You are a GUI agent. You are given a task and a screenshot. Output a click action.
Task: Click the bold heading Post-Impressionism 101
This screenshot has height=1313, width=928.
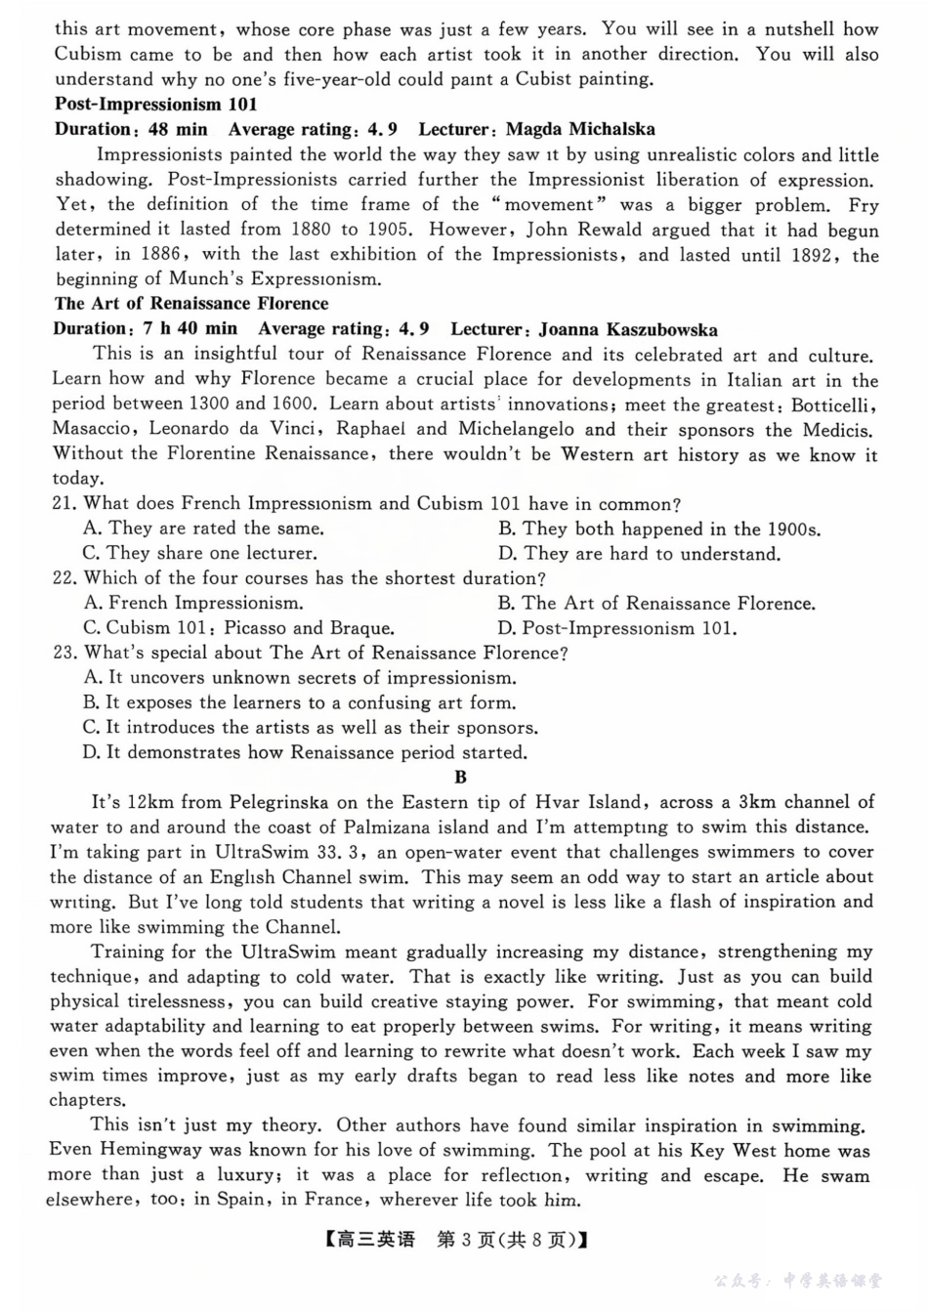point(156,105)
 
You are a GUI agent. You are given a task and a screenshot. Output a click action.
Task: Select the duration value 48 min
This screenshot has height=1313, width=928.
point(177,129)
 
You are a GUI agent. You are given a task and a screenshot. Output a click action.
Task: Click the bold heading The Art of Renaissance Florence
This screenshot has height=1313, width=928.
point(191,304)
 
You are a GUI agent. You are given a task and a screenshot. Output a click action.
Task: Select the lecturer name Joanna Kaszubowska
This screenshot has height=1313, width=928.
point(628,329)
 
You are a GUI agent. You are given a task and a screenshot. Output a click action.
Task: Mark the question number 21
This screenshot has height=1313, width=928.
point(64,504)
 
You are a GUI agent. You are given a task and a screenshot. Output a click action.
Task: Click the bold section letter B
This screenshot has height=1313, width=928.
point(461,778)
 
